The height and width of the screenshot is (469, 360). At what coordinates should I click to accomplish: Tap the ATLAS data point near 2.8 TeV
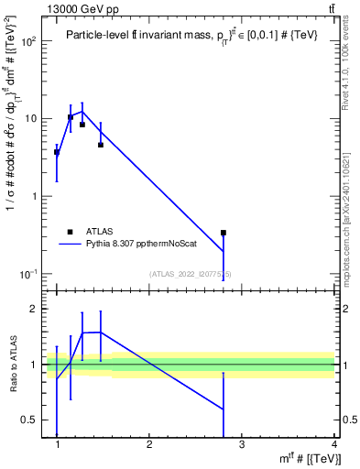click(x=224, y=233)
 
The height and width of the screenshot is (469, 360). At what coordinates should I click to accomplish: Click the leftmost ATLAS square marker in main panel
click(x=57, y=152)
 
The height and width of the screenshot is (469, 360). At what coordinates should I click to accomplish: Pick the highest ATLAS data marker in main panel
click(x=71, y=117)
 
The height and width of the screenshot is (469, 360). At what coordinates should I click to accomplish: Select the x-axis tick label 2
click(x=149, y=446)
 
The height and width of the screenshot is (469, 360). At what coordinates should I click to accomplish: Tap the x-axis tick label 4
click(x=333, y=446)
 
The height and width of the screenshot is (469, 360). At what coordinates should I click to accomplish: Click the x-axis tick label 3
click(x=242, y=446)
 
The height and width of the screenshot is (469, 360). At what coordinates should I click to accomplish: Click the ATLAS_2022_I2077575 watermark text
click(x=190, y=274)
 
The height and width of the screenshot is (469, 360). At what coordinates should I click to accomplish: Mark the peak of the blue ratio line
click(x=100, y=332)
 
